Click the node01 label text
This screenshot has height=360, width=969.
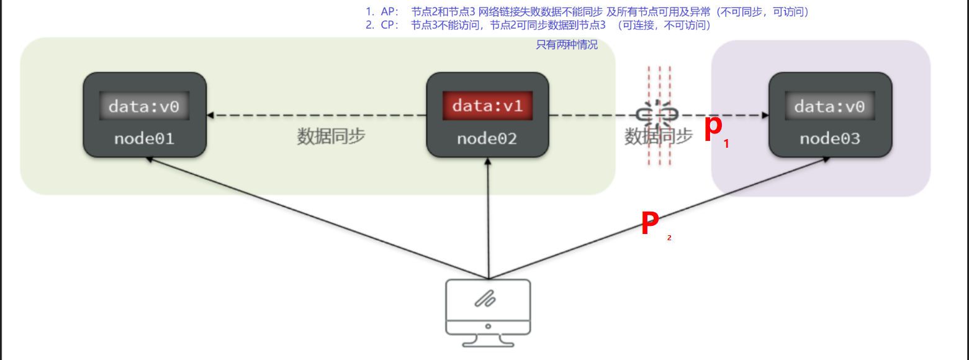click(x=144, y=138)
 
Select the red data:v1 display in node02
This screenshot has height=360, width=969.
click(x=487, y=106)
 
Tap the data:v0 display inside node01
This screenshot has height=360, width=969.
click(x=144, y=106)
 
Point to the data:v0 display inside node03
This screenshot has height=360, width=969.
click(x=829, y=106)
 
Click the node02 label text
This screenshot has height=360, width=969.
click(x=487, y=138)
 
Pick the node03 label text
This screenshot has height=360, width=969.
click(x=829, y=138)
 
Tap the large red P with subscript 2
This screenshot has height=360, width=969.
click(x=650, y=223)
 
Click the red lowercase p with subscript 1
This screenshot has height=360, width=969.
click(x=714, y=128)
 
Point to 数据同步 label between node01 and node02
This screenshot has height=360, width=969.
click(x=331, y=137)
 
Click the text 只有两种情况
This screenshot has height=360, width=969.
click(x=567, y=45)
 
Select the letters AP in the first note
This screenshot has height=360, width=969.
click(x=388, y=12)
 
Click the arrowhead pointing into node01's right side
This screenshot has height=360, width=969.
click(x=212, y=115)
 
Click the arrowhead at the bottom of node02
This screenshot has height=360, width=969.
click(x=489, y=161)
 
